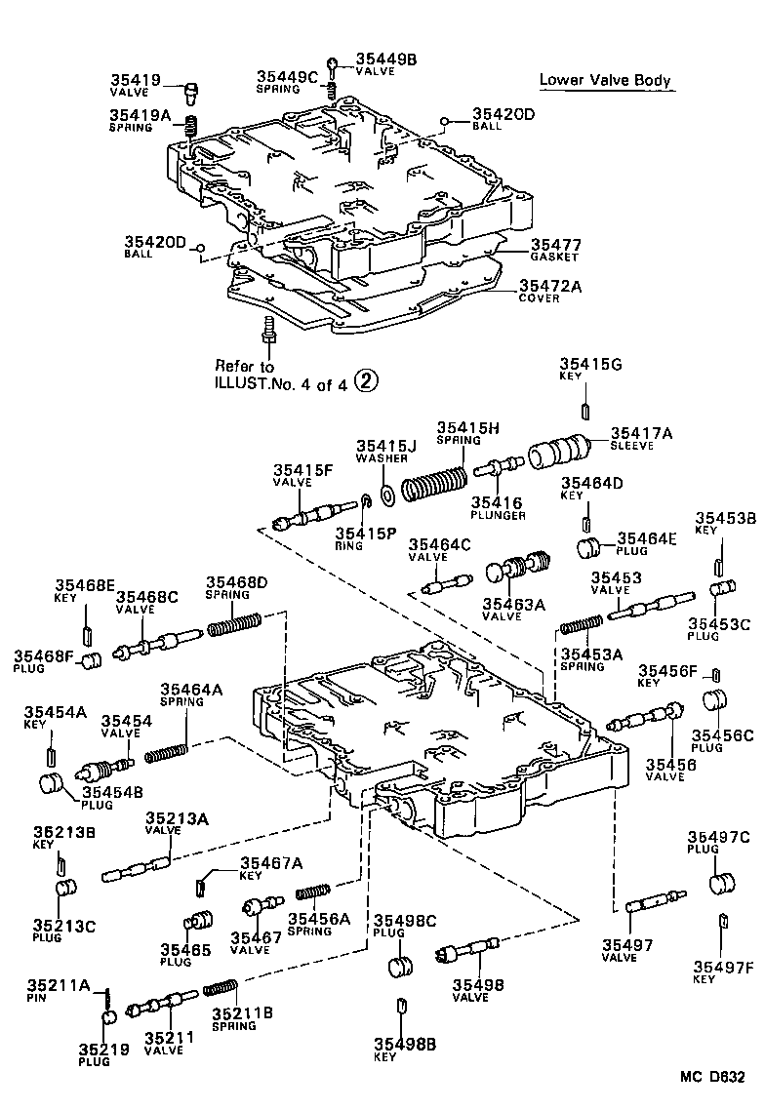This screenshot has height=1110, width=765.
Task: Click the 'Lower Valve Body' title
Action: [x=605, y=80]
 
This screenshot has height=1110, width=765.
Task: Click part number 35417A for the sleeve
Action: [x=640, y=433]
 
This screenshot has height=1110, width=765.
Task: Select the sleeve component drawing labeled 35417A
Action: [x=559, y=456]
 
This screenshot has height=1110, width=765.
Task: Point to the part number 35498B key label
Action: [x=405, y=1045]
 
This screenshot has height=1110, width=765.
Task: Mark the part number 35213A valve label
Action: [x=177, y=818]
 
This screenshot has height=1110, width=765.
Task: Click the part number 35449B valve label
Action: [x=385, y=59]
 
